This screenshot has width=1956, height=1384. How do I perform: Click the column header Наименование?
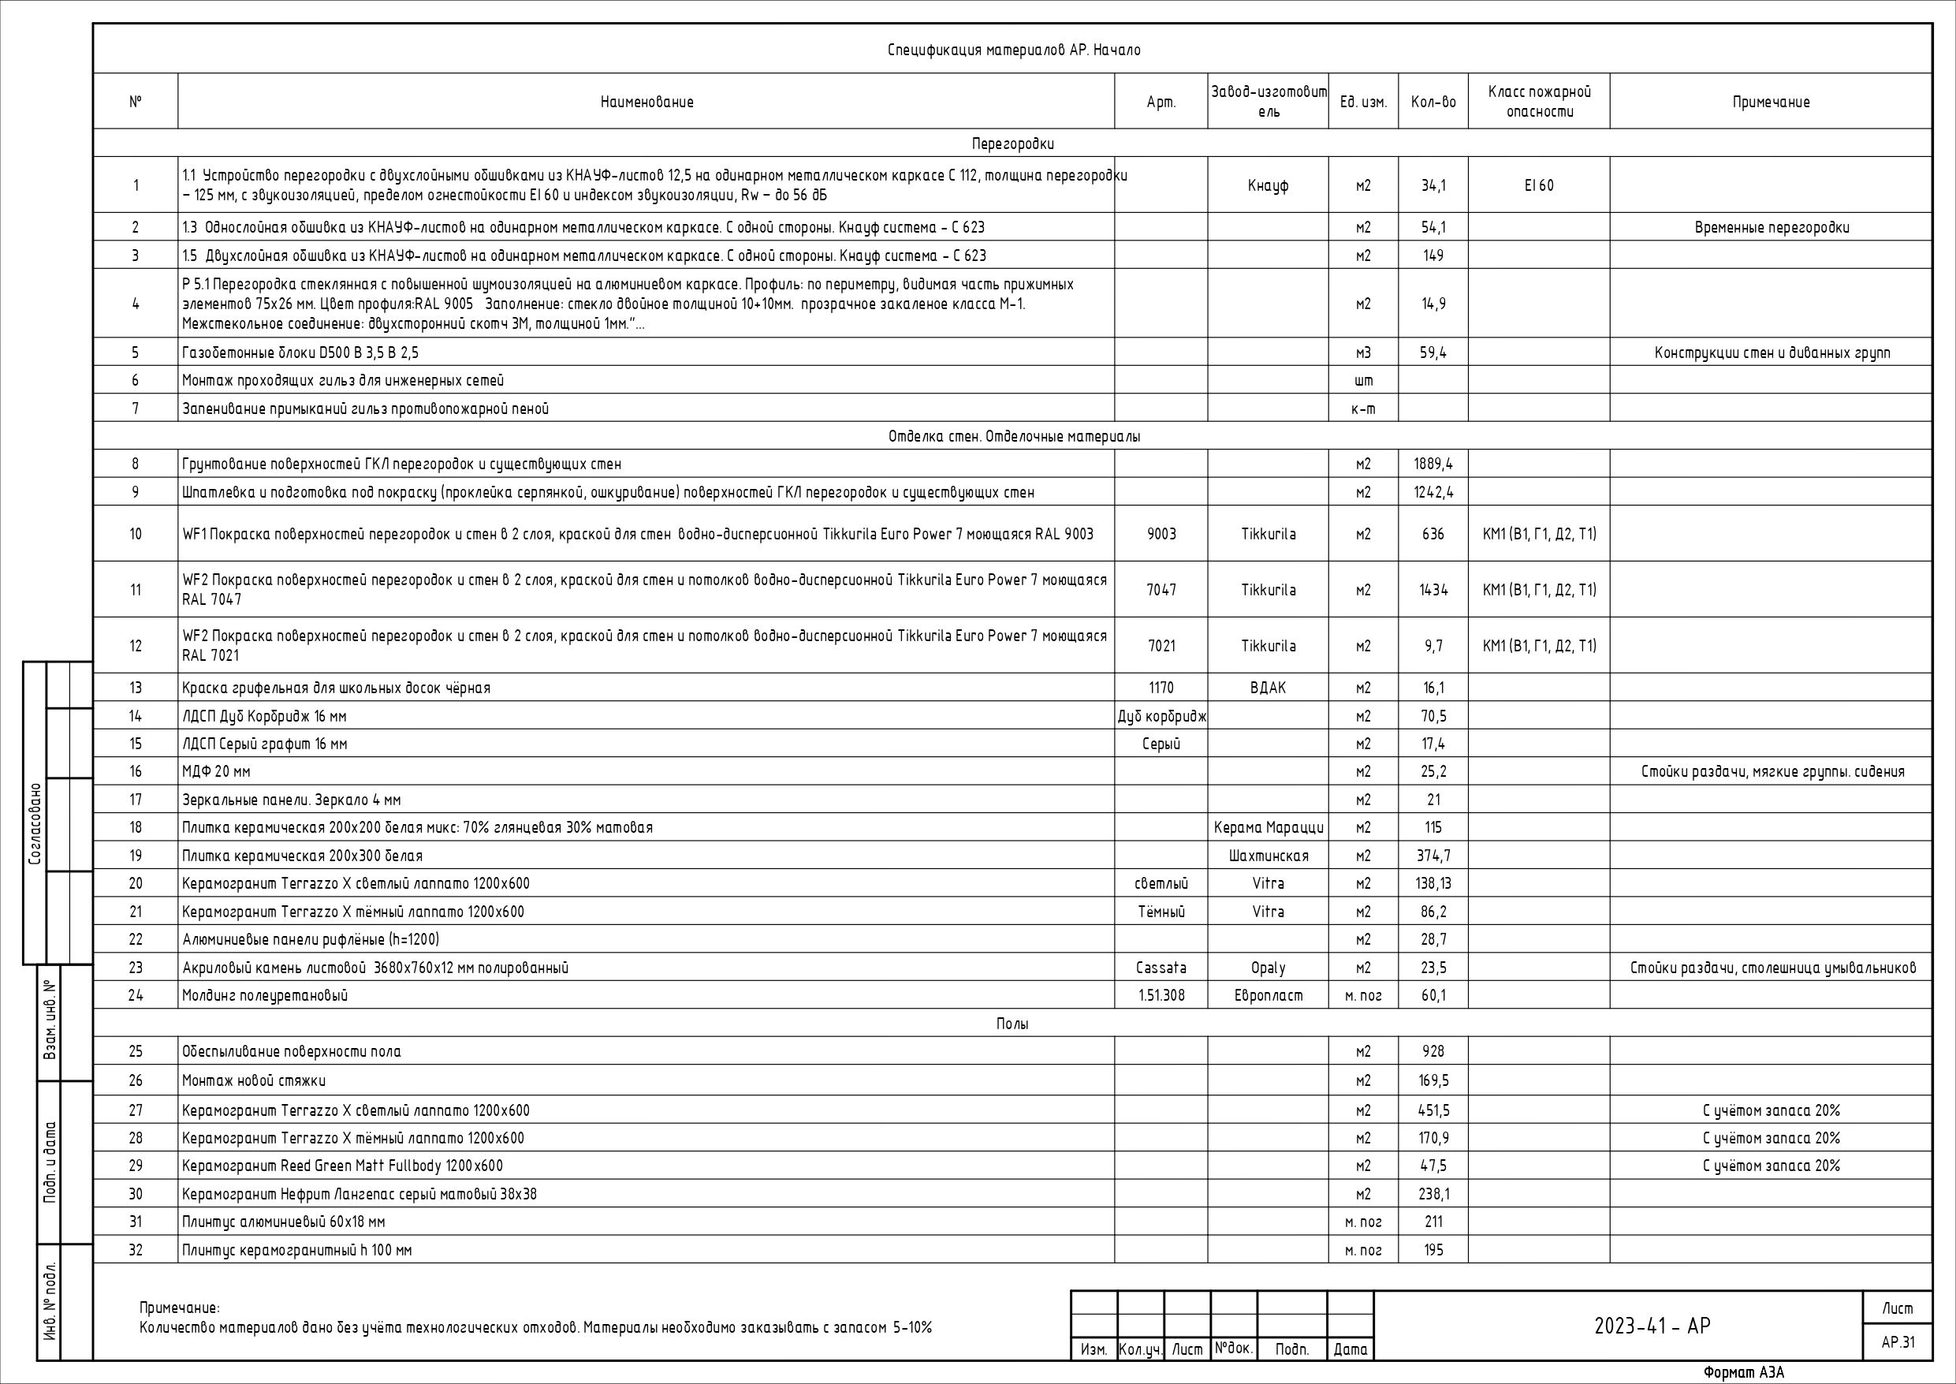pyautogui.click(x=646, y=103)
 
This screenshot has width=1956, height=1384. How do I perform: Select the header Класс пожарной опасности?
pyautogui.click(x=1539, y=102)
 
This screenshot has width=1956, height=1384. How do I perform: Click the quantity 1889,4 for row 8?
pyautogui.click(x=1433, y=464)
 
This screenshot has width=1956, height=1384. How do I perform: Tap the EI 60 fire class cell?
pyautogui.click(x=1539, y=186)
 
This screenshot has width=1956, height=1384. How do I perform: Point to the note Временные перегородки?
pyautogui.click(x=1772, y=228)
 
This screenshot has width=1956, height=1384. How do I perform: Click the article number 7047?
pyautogui.click(x=1161, y=590)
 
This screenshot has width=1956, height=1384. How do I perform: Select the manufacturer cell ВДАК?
pyautogui.click(x=1268, y=688)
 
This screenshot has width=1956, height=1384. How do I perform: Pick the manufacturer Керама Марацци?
pyautogui.click(x=1268, y=827)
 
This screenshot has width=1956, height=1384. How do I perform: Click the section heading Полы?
pyautogui.click(x=1012, y=1024)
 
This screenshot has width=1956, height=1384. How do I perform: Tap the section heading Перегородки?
pyautogui.click(x=1012, y=144)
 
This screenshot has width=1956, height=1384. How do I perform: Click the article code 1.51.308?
pyautogui.click(x=1161, y=995)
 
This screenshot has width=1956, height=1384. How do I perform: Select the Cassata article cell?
pyautogui.click(x=1161, y=968)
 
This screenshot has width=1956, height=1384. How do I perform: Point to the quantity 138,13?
pyautogui.click(x=1433, y=884)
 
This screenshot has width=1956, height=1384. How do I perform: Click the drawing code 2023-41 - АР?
pyautogui.click(x=1652, y=1326)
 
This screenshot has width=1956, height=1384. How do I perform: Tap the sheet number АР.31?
pyautogui.click(x=1897, y=1342)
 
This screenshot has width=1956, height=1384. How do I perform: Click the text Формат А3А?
pyautogui.click(x=1743, y=1373)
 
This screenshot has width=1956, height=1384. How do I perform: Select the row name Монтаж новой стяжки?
pyautogui.click(x=254, y=1080)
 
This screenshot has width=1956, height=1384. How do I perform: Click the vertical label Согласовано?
pyautogui.click(x=35, y=824)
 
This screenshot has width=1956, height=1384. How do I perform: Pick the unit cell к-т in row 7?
pyautogui.click(x=1363, y=409)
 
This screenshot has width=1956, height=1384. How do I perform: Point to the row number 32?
pyautogui.click(x=136, y=1250)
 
